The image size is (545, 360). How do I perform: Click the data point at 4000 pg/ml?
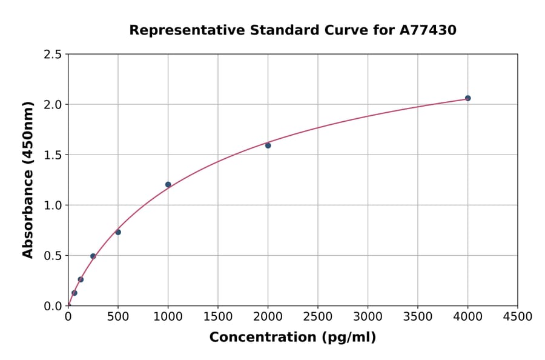pyautogui.click(x=467, y=98)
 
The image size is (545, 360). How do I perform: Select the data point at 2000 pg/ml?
pyautogui.click(x=268, y=145)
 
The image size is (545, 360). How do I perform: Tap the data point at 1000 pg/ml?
pyautogui.click(x=168, y=185)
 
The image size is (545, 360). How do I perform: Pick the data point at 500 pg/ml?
pyautogui.click(x=118, y=232)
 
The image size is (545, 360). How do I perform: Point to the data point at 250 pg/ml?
pyautogui.click(x=93, y=256)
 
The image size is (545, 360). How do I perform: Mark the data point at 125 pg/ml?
pyautogui.click(x=81, y=279)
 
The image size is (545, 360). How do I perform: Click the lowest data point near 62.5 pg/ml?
pyautogui.click(x=74, y=293)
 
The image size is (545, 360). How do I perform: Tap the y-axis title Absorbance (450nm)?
pyautogui.click(x=28, y=180)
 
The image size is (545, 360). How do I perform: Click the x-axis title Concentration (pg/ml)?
pyautogui.click(x=292, y=338)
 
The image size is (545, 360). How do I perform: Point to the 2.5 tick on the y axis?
pyautogui.click(x=53, y=55)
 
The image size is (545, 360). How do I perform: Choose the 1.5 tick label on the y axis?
pyautogui.click(x=53, y=155)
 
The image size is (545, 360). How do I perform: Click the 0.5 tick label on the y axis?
pyautogui.click(x=53, y=256)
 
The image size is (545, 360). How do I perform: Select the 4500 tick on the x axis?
pyautogui.click(x=518, y=316)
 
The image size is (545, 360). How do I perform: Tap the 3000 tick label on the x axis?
pyautogui.click(x=368, y=316)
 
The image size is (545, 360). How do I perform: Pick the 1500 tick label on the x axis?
pyautogui.click(x=218, y=316)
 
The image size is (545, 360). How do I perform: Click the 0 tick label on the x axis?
pyautogui.click(x=68, y=316)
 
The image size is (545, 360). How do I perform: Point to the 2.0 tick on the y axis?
pyautogui.click(x=53, y=105)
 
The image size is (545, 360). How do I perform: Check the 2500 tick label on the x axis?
pyautogui.click(x=318, y=316)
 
